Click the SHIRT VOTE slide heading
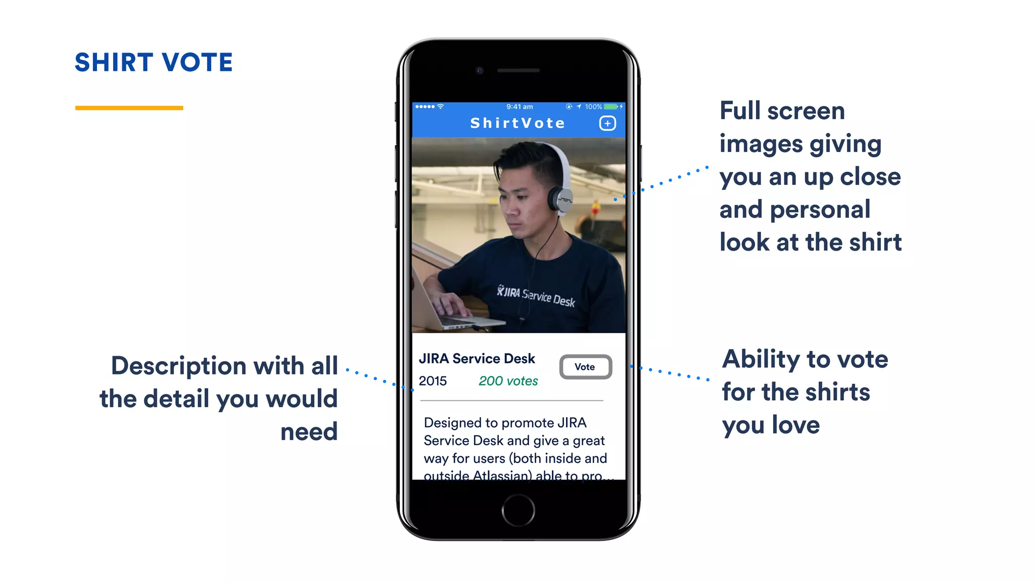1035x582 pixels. tap(154, 63)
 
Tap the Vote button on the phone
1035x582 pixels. tap(585, 367)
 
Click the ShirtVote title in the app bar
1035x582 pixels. tap(517, 123)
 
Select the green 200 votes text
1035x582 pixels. tap(508, 381)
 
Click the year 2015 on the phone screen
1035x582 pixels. tap(433, 381)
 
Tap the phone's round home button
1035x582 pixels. tap(518, 510)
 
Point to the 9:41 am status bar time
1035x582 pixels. tap(520, 107)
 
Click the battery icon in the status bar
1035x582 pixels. tap(611, 107)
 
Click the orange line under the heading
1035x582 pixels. tap(129, 108)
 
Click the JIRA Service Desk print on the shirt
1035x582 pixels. tap(536, 296)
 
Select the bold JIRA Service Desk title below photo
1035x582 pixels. tap(477, 359)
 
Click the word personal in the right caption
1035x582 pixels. tap(820, 210)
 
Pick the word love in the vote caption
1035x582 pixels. tap(795, 425)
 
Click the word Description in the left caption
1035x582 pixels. tap(179, 366)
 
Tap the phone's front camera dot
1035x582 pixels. tap(480, 70)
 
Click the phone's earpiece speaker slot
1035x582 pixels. tap(519, 70)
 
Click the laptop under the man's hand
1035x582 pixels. tap(455, 318)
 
